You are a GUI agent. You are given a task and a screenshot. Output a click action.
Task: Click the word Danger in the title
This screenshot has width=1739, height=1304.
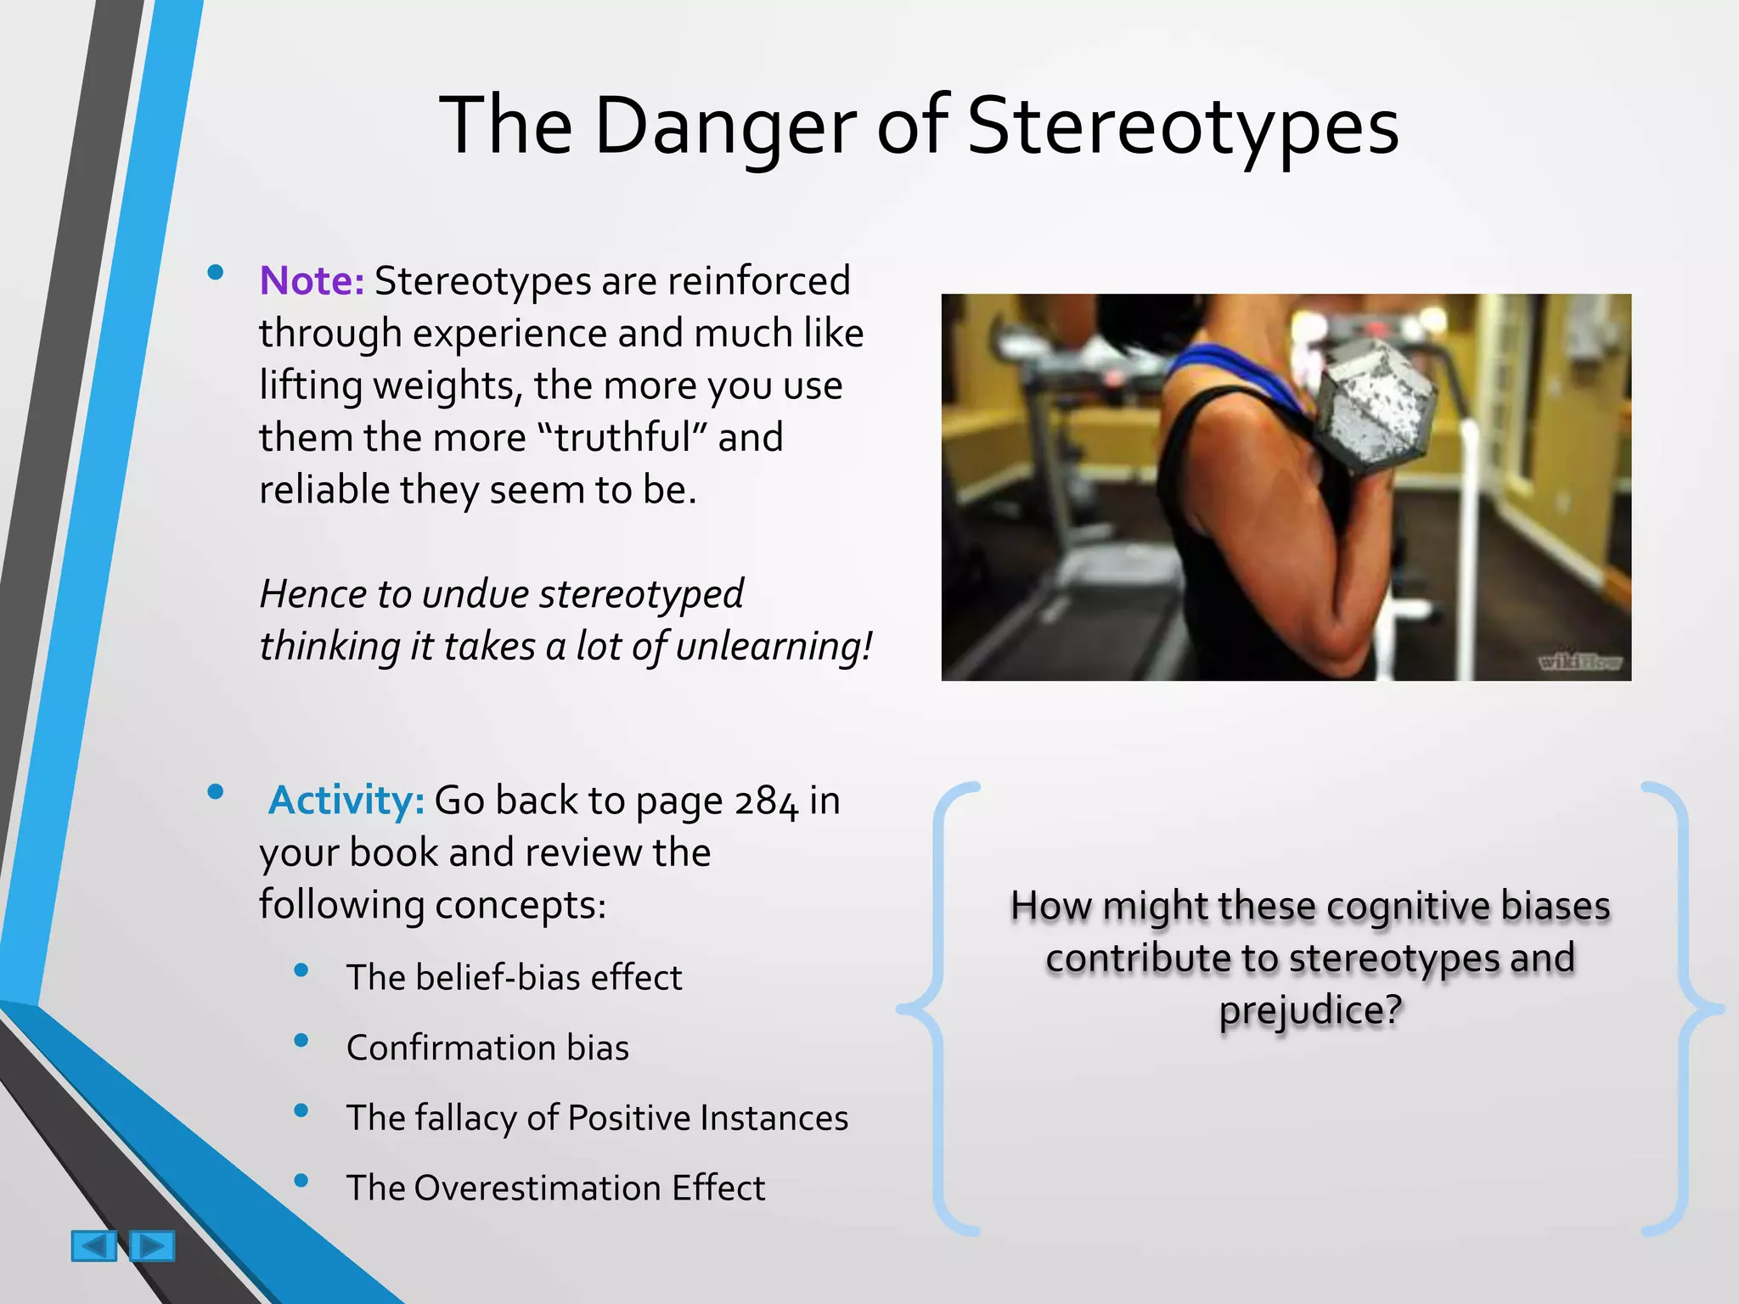726,127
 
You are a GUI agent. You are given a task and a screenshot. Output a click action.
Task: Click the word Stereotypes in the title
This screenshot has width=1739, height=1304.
1182,127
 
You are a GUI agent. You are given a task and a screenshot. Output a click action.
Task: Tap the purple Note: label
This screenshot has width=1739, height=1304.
312,281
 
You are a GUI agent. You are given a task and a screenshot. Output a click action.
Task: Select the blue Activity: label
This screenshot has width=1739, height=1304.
346,801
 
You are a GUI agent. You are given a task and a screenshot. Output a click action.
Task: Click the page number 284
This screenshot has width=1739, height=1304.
766,801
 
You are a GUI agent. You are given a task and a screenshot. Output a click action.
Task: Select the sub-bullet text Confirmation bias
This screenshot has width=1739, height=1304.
487,1048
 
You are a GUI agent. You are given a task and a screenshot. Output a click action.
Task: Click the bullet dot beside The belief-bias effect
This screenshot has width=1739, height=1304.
301,970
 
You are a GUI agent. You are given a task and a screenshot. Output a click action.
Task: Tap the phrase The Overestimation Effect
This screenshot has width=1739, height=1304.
555,1188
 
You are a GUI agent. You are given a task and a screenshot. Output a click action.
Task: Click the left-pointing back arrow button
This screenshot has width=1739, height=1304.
93,1246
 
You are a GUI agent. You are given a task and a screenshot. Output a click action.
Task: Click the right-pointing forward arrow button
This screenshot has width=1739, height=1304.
152,1246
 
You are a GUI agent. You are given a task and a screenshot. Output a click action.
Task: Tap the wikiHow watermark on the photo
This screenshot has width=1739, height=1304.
1580,662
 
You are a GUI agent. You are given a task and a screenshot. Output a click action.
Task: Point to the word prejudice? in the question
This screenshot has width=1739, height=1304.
1310,1010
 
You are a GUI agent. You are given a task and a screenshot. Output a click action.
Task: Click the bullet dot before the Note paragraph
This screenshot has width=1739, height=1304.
215,273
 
